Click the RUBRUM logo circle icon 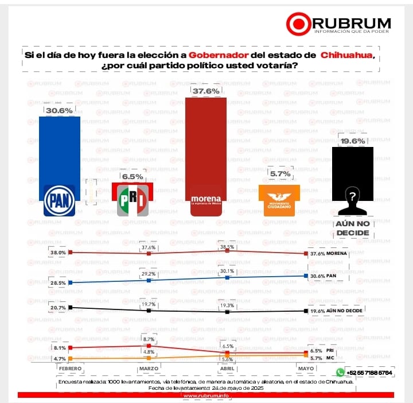pos(298,24)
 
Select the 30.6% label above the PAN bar pos(59,110)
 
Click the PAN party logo pos(60,200)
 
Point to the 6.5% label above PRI pos(133,177)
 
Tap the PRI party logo pos(133,200)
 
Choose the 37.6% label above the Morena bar pos(205,91)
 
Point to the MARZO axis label pos(149,367)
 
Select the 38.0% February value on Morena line pos(57,252)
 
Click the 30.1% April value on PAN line pos(228,271)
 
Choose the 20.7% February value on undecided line pos(57,308)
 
